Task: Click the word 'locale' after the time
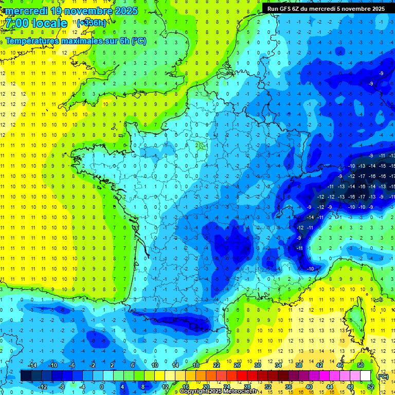click(x=49, y=23)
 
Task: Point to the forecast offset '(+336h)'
click(x=92, y=23)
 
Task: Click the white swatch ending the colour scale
click(x=366, y=376)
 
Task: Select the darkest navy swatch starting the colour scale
click(x=26, y=376)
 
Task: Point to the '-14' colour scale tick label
click(x=32, y=365)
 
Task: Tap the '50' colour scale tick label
click(x=361, y=365)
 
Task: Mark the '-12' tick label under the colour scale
click(x=43, y=387)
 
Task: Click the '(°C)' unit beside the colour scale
click(x=383, y=376)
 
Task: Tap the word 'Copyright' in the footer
click(x=194, y=391)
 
